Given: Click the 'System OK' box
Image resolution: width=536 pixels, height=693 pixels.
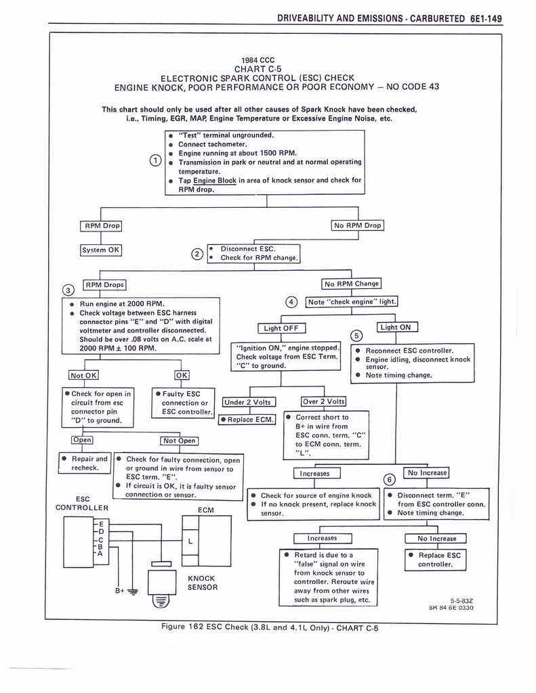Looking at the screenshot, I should (100, 250).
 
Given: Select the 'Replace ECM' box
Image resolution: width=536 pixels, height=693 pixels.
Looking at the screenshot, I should (247, 420).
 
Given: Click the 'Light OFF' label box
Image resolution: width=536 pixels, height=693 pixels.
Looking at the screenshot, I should (282, 328).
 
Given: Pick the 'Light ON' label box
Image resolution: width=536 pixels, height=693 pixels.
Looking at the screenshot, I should (397, 328).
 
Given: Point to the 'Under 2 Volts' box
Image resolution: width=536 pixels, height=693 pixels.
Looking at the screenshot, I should (247, 402).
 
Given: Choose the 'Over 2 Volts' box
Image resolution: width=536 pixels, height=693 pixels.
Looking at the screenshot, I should (323, 402).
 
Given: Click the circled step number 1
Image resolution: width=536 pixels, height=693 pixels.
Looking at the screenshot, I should (155, 160).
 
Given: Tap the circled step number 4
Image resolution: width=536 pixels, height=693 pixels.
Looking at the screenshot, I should (291, 302).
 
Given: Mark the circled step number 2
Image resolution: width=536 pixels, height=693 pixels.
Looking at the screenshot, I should (197, 254).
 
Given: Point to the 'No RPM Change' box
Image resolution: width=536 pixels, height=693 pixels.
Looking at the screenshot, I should (351, 284).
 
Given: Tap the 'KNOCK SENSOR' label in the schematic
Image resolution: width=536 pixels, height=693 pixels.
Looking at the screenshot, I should (203, 583).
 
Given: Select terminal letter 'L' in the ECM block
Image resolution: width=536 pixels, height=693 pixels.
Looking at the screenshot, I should (190, 541).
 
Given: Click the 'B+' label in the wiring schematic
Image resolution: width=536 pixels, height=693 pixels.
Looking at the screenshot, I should (119, 590).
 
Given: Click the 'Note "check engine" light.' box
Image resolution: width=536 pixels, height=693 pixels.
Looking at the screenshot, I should (352, 302).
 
